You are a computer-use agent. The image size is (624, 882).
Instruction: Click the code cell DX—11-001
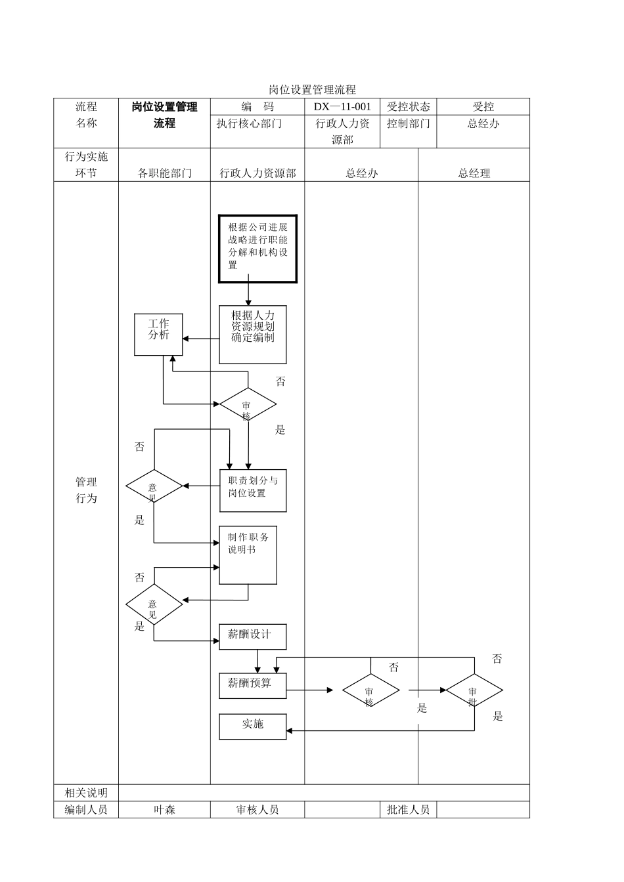(x=342, y=107)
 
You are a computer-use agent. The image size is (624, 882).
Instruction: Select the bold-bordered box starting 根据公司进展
(x=257, y=249)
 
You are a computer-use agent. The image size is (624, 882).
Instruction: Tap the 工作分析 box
(x=158, y=335)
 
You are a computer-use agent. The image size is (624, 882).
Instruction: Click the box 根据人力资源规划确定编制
(x=253, y=335)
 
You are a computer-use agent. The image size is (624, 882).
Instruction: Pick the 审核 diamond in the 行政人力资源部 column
(x=248, y=405)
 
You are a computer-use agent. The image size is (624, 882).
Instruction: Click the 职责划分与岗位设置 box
(x=253, y=491)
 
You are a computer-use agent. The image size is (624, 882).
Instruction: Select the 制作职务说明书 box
(x=248, y=555)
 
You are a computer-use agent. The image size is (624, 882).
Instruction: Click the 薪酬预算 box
(x=253, y=686)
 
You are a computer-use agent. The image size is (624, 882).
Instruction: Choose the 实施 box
(x=253, y=726)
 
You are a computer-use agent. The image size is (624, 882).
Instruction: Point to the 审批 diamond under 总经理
(x=474, y=690)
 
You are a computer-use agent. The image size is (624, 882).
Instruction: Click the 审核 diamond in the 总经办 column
(x=370, y=690)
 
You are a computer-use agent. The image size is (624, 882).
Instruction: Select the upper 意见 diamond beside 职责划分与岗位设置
(x=154, y=487)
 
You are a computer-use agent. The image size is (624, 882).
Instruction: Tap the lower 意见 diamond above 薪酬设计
(x=154, y=604)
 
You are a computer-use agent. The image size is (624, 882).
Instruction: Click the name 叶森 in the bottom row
(x=164, y=810)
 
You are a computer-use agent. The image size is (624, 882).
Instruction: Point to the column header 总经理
(x=474, y=173)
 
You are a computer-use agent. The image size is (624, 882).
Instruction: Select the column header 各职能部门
(x=164, y=173)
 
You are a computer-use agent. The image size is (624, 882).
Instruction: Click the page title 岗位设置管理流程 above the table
(x=312, y=89)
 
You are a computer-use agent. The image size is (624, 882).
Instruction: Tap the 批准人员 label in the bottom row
(x=408, y=810)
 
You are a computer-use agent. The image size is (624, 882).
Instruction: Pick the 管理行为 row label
(x=86, y=490)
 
